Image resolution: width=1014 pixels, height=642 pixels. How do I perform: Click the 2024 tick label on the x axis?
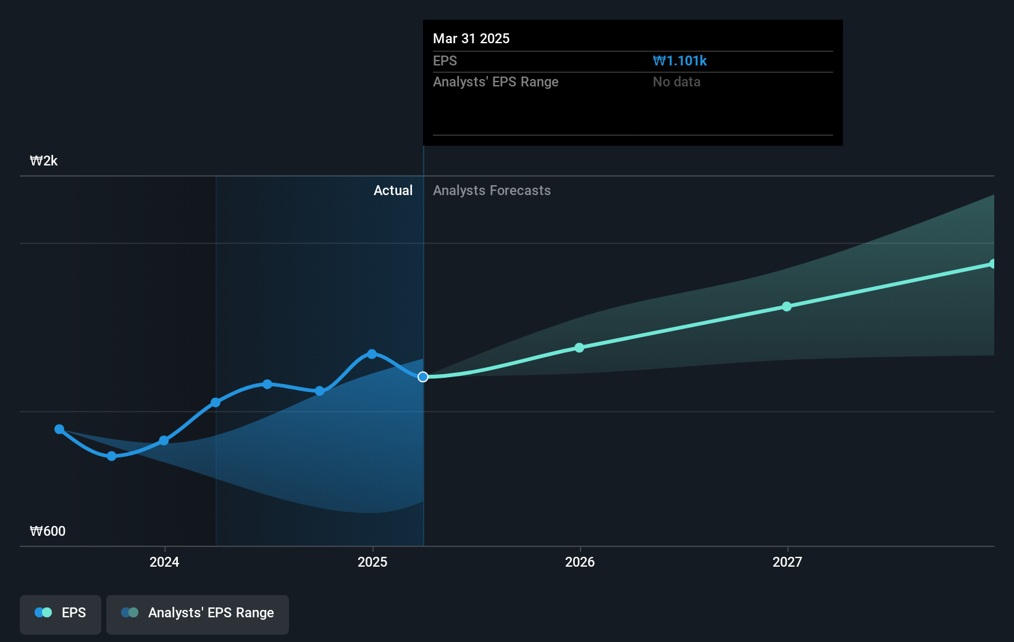click(x=164, y=562)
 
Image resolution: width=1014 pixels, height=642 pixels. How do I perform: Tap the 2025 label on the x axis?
click(x=372, y=562)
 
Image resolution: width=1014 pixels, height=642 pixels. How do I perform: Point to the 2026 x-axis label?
click(x=580, y=562)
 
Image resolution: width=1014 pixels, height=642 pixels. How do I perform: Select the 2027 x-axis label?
click(x=787, y=562)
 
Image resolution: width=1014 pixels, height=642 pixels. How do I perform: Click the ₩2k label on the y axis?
click(x=44, y=161)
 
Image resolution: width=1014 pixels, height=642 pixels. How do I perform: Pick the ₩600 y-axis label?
click(x=48, y=532)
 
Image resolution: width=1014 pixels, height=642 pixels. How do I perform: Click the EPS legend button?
click(x=61, y=614)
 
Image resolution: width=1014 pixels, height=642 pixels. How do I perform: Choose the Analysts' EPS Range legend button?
click(x=198, y=614)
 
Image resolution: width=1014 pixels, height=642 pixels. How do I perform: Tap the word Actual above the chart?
click(x=393, y=191)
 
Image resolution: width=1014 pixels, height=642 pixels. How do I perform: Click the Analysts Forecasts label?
click(x=492, y=191)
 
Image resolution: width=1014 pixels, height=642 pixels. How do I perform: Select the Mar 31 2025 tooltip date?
click(x=471, y=39)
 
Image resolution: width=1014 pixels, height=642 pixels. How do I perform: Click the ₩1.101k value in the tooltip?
click(x=679, y=61)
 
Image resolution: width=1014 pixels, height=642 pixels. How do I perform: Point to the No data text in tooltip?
click(x=676, y=82)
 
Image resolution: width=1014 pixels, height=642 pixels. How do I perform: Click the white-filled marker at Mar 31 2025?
click(x=423, y=377)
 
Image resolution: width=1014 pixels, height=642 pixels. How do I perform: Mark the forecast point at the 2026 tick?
click(x=579, y=348)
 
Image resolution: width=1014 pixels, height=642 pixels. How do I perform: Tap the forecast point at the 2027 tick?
click(x=787, y=306)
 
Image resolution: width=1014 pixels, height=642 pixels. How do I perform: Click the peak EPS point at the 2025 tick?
click(x=372, y=354)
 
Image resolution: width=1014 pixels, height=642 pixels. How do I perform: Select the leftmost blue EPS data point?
click(x=59, y=429)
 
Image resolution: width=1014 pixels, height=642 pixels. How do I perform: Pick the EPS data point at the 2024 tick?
click(x=164, y=440)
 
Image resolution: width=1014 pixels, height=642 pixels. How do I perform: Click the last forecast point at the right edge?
click(x=992, y=264)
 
